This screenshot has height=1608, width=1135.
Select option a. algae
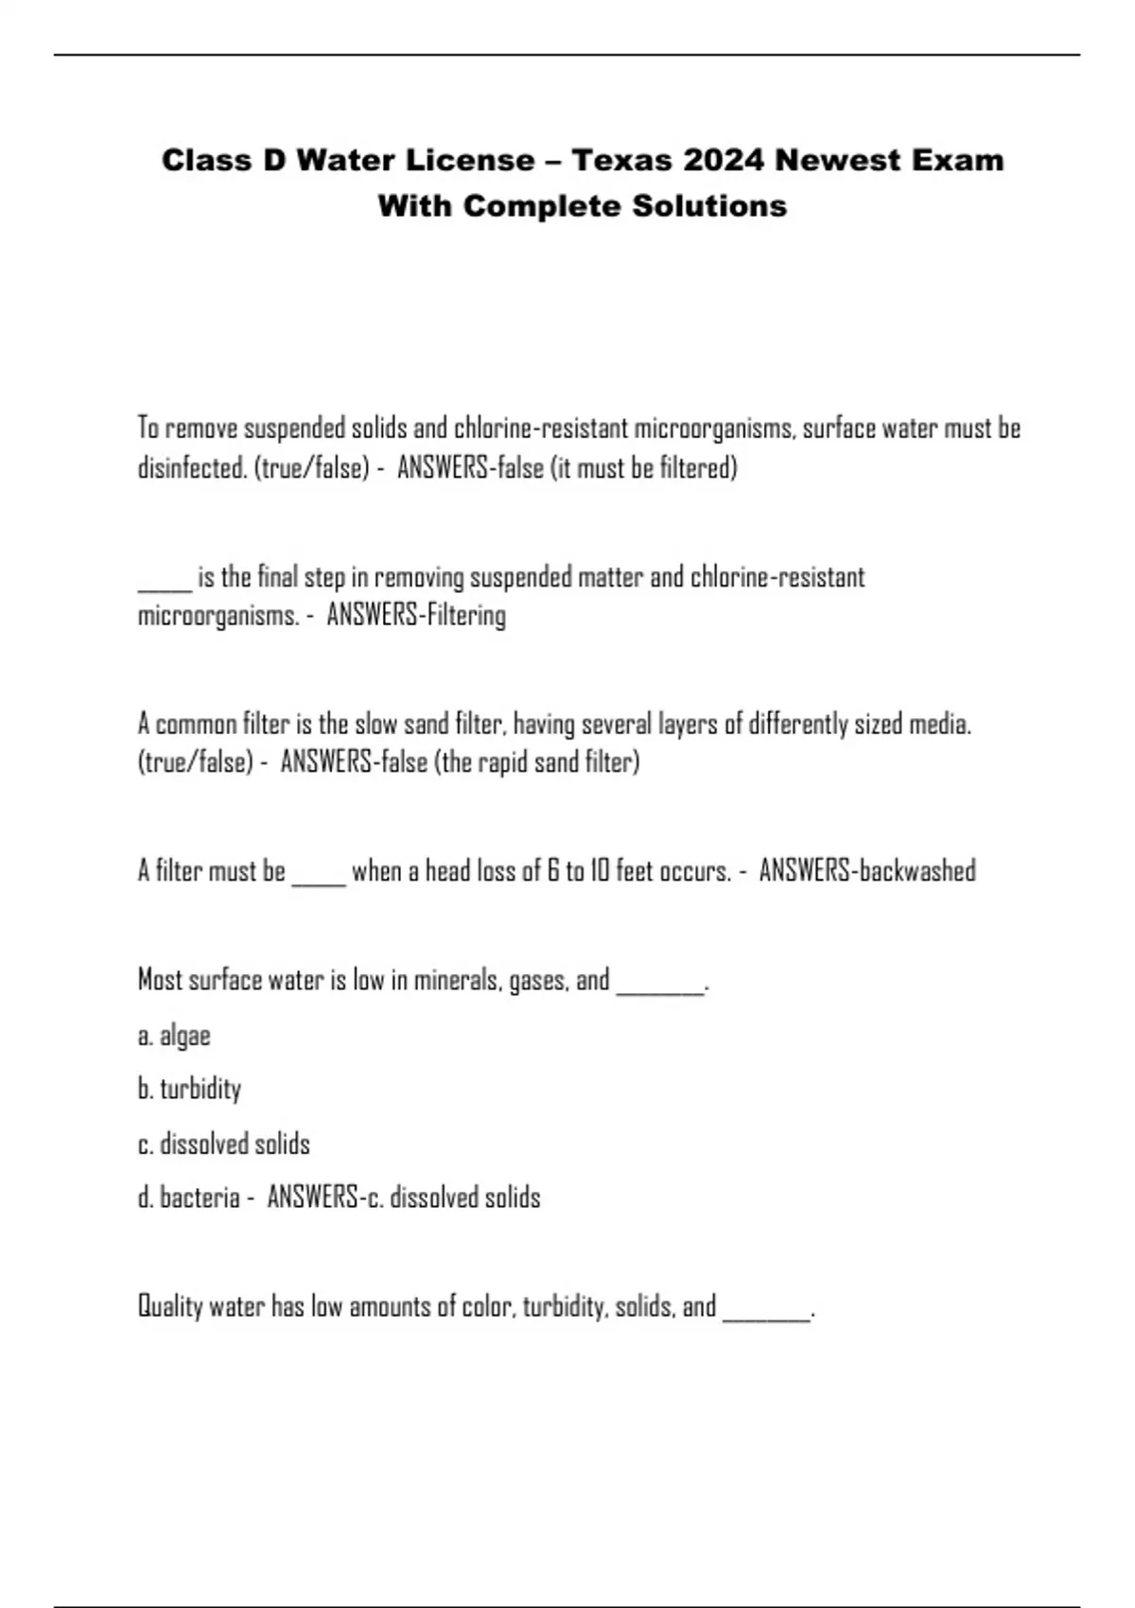(x=174, y=1036)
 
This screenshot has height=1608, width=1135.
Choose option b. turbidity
(x=189, y=1090)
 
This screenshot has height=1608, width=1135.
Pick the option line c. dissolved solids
(x=224, y=1145)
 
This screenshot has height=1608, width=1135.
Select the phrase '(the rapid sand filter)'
(x=536, y=762)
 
